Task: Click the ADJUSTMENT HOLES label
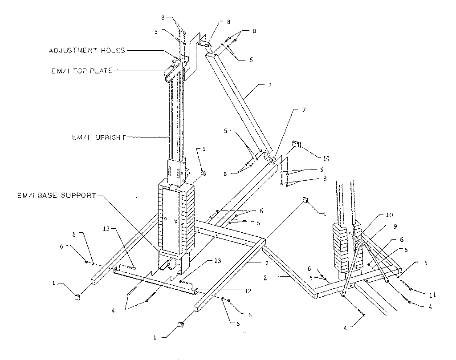pos(87,51)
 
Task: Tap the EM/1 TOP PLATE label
pos(82,71)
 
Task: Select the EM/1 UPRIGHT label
pos(98,138)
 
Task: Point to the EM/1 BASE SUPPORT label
pos(57,195)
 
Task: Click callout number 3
pos(270,85)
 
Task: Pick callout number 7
pos(304,110)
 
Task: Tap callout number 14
pos(326,158)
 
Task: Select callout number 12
pos(248,291)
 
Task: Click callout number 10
pos(389,215)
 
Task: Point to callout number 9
pos(395,226)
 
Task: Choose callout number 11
pos(432,295)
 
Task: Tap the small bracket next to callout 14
pos(296,145)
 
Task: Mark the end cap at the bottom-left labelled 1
pos(77,297)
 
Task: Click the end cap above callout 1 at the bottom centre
pos(181,324)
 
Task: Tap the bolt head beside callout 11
pos(410,289)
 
